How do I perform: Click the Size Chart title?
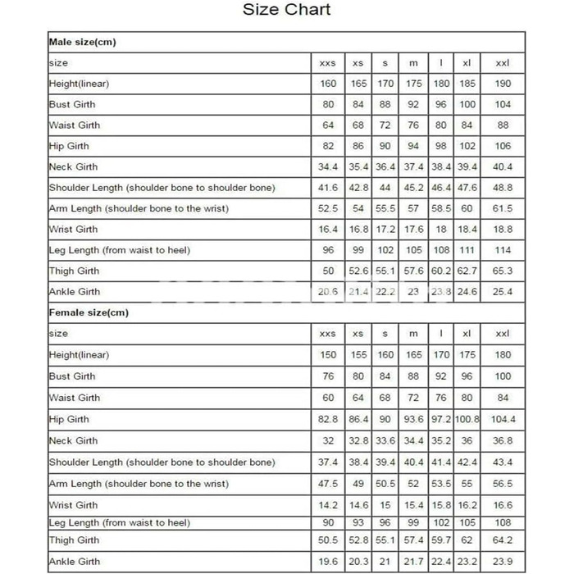point(286,10)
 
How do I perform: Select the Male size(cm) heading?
point(82,42)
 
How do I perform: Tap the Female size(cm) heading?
point(89,312)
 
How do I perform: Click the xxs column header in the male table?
point(327,63)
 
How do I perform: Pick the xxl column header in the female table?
point(503,334)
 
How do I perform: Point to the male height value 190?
point(503,84)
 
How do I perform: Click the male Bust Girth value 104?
point(503,104)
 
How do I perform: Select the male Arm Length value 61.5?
point(503,208)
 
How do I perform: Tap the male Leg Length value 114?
point(503,250)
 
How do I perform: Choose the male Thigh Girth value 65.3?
point(503,271)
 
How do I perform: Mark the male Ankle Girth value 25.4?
point(503,292)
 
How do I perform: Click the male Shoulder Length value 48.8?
point(503,188)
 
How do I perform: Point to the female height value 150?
point(327,355)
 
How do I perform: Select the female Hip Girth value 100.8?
point(467,419)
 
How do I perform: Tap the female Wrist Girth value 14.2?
point(327,505)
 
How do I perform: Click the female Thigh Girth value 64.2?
point(503,540)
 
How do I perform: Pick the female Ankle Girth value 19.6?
point(327,562)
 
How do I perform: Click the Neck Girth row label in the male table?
point(73,166)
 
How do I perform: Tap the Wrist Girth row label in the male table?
point(73,230)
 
